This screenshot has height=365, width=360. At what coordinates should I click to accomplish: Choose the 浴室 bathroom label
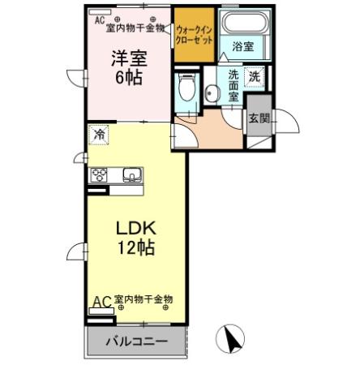[242, 47]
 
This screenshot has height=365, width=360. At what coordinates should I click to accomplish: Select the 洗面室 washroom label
[234, 85]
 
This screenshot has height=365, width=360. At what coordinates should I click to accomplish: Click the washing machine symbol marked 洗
[255, 77]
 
